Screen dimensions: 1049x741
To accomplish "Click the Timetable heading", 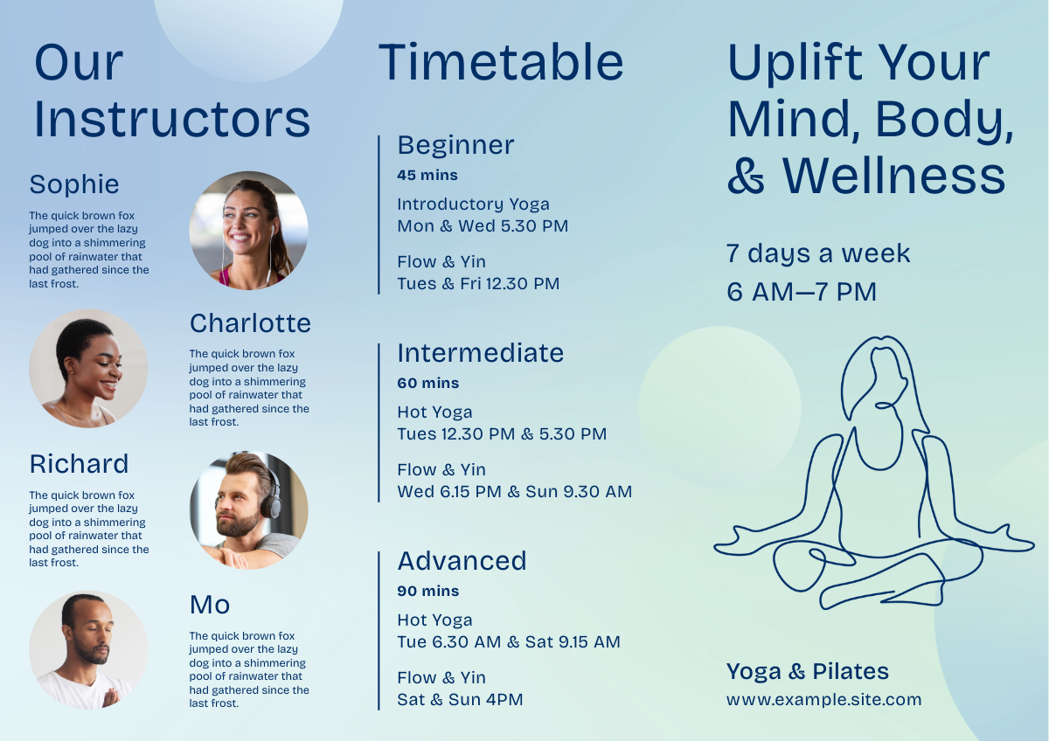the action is coord(501,62).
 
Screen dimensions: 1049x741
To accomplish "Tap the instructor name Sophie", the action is coord(74,184).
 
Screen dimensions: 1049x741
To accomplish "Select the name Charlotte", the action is coord(250,323).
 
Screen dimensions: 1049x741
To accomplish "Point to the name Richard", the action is coord(79,464).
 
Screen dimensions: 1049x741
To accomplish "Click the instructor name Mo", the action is coord(209,605).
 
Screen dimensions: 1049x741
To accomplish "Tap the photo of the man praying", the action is coord(88,650).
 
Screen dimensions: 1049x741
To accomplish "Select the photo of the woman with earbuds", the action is coord(248,231).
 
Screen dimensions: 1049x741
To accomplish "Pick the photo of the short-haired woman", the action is coord(88,369).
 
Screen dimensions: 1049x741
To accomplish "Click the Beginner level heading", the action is coord(455,145).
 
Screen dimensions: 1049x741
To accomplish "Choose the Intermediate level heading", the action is coord(481,353).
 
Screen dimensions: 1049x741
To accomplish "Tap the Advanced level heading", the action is coord(462,561).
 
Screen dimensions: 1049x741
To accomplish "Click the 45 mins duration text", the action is coord(427,175).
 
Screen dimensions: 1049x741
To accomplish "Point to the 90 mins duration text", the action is coord(428,591).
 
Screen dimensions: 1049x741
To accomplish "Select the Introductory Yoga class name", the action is coord(473,204).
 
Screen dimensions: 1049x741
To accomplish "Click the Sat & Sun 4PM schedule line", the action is coord(460,699).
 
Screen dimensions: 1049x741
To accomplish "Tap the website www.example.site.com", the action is coord(823,699).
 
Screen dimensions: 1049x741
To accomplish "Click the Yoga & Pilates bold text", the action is coord(808,671).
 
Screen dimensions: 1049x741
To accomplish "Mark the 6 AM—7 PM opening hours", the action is coord(802,292).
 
